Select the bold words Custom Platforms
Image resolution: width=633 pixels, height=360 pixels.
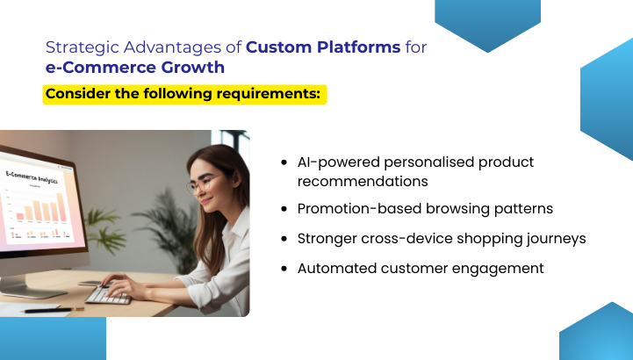324,47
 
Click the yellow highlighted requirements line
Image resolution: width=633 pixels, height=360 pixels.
184,94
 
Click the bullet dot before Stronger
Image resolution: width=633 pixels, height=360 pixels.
284,239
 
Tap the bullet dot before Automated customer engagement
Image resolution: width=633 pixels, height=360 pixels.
284,269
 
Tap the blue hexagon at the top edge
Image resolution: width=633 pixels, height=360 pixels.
487,22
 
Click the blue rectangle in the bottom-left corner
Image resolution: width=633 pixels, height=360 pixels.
53,339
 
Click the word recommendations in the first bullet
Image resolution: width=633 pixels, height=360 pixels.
363,181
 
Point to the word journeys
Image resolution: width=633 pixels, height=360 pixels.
554,238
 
